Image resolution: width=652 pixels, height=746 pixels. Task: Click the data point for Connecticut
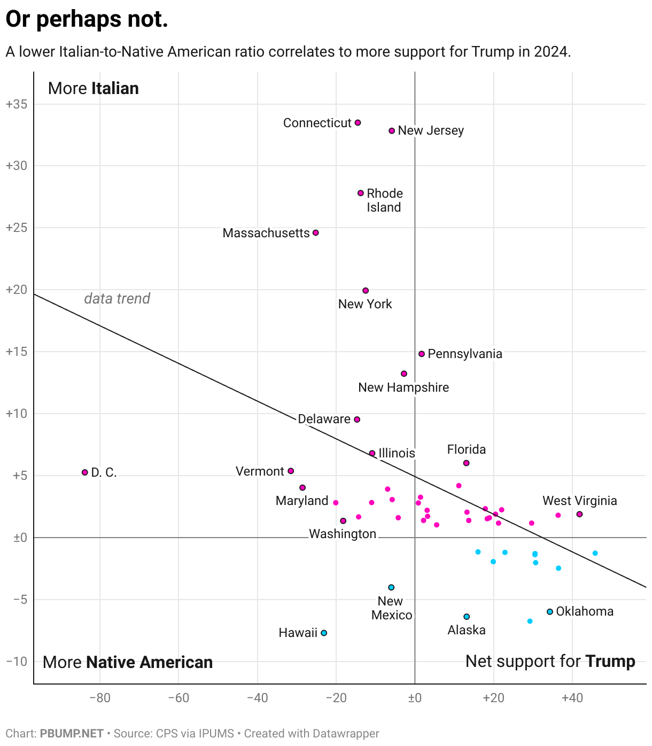coord(358,123)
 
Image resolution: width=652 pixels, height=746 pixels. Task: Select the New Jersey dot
coord(392,131)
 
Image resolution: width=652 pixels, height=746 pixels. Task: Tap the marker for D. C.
coord(84,472)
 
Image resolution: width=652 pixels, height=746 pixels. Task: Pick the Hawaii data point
coord(324,633)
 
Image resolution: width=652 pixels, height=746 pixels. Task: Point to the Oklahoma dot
coord(549,612)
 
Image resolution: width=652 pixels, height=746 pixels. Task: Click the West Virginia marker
coord(579,514)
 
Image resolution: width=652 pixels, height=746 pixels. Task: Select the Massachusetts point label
coord(266,233)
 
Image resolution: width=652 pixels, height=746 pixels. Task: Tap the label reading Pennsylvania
coord(465,354)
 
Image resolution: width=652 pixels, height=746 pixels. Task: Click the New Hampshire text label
coord(403,387)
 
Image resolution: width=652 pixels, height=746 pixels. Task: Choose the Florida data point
coord(466,463)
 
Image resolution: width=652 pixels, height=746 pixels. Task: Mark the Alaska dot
coord(467,617)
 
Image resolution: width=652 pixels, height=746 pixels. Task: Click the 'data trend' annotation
coord(117,298)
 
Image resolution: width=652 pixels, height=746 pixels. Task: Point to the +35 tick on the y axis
coord(16,104)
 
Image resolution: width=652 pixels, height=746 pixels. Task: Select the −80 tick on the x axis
coord(100,698)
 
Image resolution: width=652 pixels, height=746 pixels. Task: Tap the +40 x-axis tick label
coord(572,698)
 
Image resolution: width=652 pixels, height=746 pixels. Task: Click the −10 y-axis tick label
coord(16,662)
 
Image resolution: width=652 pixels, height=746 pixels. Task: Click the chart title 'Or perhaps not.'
coord(87,19)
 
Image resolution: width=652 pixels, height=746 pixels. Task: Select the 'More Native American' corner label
coord(128,663)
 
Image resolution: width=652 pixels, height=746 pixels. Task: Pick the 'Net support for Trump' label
coord(550,662)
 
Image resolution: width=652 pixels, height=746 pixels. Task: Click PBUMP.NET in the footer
coord(72,734)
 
